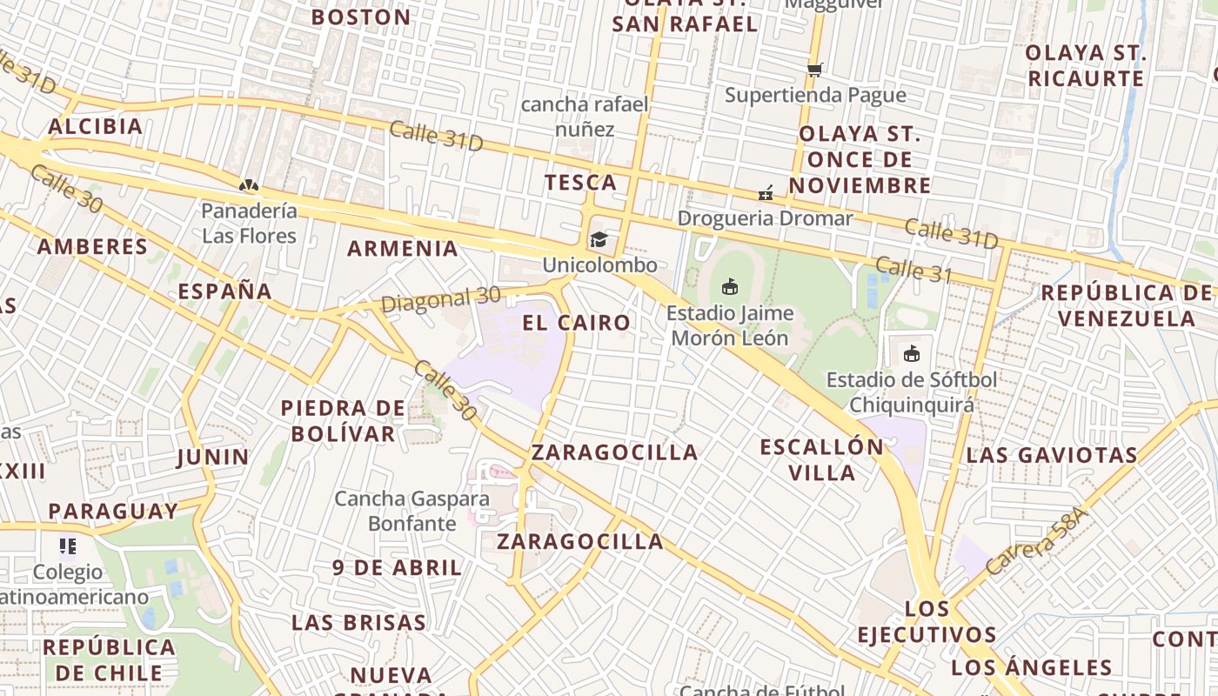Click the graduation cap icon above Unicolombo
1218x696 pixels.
(599, 239)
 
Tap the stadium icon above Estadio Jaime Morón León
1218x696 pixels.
(730, 286)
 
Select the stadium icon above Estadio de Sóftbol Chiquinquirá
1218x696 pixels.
(911, 353)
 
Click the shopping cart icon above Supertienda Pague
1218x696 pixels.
(814, 70)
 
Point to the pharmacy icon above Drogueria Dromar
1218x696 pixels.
(766, 192)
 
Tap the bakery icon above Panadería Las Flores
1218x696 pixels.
(248, 185)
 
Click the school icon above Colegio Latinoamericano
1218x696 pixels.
(68, 546)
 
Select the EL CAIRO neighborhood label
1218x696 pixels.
(576, 323)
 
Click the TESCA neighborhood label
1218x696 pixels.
(580, 183)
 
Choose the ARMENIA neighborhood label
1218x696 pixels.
(403, 249)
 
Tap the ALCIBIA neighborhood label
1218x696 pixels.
(95, 127)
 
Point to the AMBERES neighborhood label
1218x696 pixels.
(92, 247)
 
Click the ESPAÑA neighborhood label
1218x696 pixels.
(225, 291)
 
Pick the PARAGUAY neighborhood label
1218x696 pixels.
(113, 512)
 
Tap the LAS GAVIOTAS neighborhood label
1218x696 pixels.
(1052, 455)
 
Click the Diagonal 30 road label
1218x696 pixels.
(441, 299)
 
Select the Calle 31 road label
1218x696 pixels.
(913, 270)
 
